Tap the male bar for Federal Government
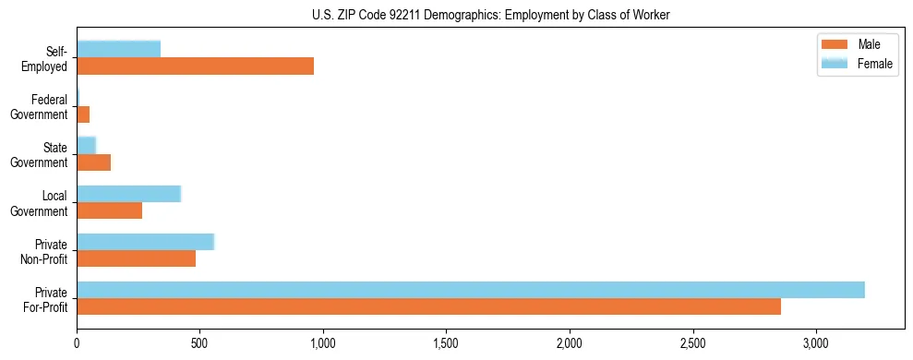coord(83,114)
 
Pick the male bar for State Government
coord(93,162)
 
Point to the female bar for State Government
coord(86,145)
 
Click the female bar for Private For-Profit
coord(470,290)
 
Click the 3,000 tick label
coord(816,342)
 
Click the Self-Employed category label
coord(49,58)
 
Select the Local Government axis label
coord(42,203)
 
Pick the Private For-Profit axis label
coord(45,299)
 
